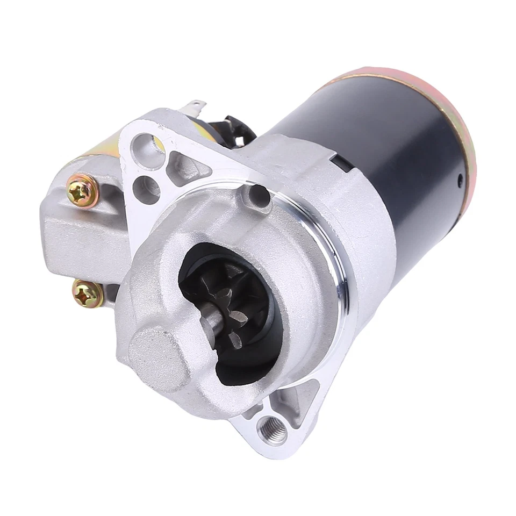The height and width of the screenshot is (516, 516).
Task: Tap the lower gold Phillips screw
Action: [x=88, y=293]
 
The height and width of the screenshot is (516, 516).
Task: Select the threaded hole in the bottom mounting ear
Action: [x=272, y=428]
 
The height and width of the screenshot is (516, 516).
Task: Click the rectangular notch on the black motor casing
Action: [x=338, y=160]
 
